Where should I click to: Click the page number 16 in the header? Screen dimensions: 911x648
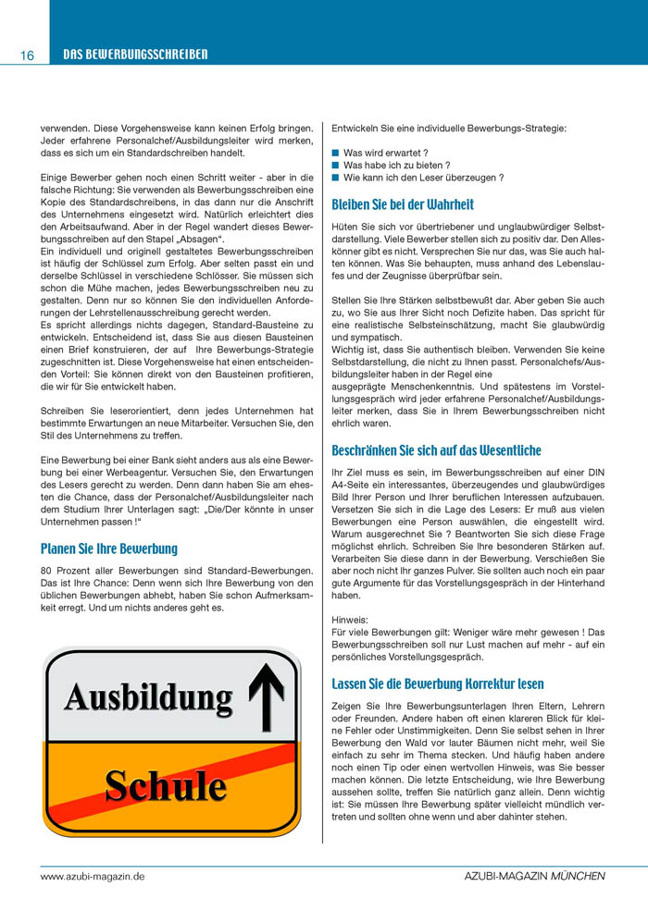click(x=27, y=55)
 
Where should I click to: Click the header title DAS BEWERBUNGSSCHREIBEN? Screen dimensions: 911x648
click(x=135, y=55)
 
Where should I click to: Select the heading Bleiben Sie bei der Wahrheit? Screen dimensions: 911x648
click(x=403, y=204)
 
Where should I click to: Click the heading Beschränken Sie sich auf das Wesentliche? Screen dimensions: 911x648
click(x=436, y=451)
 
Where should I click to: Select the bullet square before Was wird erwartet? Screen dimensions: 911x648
click(x=336, y=152)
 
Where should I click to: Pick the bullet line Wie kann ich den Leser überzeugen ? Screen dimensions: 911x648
click(x=423, y=178)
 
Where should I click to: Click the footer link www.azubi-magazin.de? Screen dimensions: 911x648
click(x=93, y=875)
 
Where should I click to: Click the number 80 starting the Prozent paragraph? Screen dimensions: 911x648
click(x=47, y=572)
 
